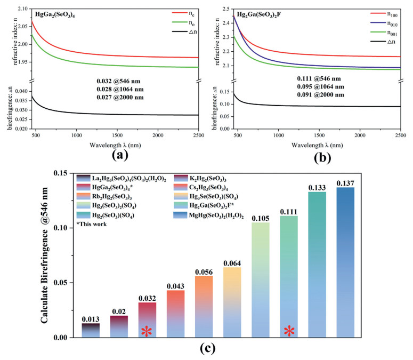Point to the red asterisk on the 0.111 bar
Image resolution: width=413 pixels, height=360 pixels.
click(x=289, y=332)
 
